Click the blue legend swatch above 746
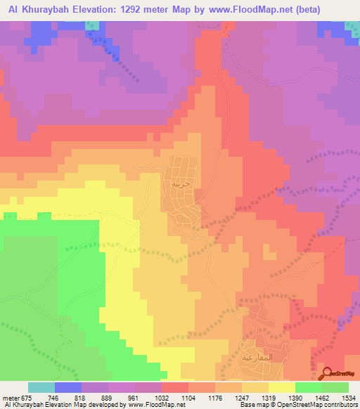(x=68, y=387)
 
